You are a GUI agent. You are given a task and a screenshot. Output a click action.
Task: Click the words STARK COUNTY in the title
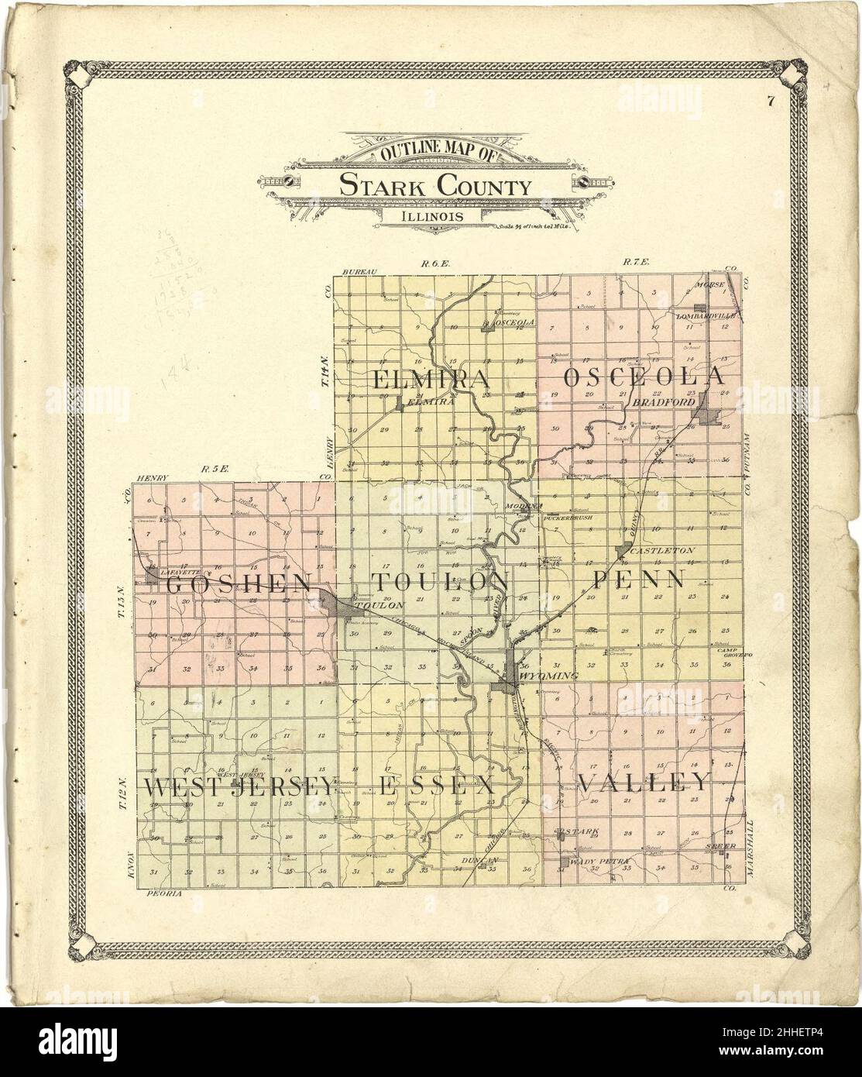pyautogui.click(x=434, y=187)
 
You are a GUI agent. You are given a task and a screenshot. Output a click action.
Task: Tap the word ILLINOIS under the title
pyautogui.click(x=434, y=216)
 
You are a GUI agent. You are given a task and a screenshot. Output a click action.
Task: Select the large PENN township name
pyautogui.click(x=639, y=579)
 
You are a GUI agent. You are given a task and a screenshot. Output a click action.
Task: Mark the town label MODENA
pyautogui.click(x=521, y=505)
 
